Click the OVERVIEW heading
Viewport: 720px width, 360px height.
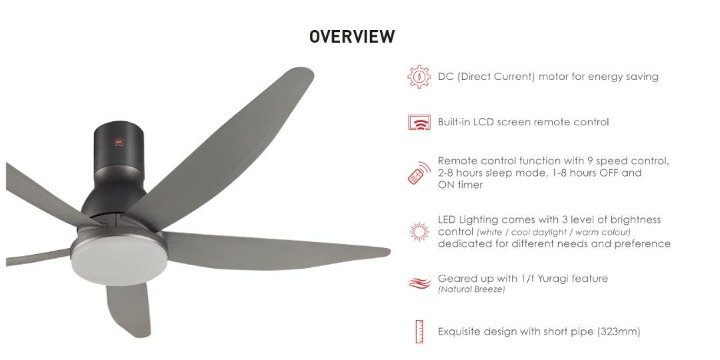pyautogui.click(x=352, y=37)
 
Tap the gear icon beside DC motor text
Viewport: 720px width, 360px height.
pyautogui.click(x=419, y=77)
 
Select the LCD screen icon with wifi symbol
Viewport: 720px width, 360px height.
pyautogui.click(x=419, y=123)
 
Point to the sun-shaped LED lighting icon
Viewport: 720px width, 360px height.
pyautogui.click(x=419, y=231)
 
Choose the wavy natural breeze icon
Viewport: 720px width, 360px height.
pyautogui.click(x=419, y=283)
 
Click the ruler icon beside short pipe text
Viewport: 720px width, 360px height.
pyautogui.click(x=419, y=331)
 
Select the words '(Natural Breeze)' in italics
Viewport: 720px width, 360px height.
pyautogui.click(x=471, y=290)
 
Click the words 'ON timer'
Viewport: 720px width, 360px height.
pyautogui.click(x=460, y=185)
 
